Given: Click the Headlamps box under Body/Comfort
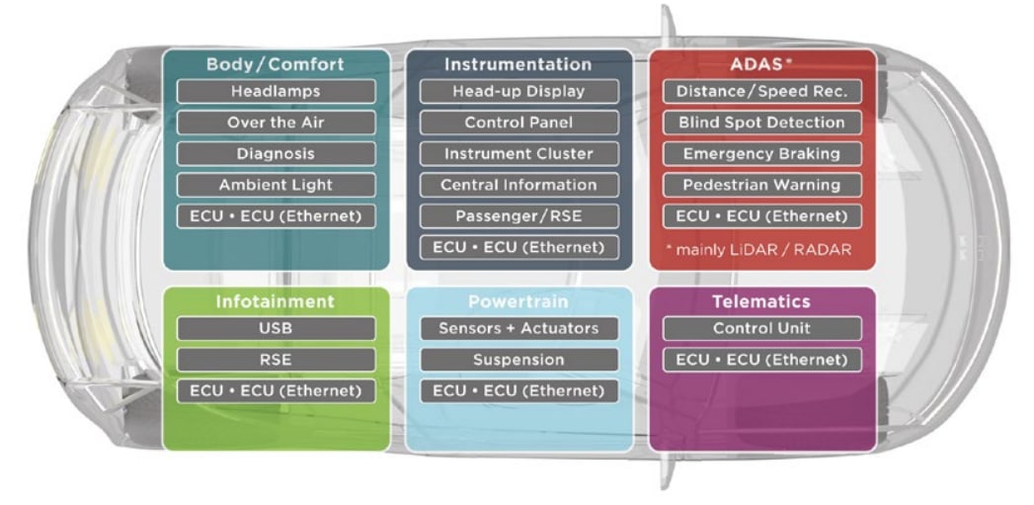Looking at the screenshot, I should coord(276,92).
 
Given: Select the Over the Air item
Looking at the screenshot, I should coord(276,123).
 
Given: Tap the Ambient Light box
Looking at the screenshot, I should coord(276,185).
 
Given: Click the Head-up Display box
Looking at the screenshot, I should coord(518,92).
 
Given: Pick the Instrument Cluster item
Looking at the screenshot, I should coord(518,154).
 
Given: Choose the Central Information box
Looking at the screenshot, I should coord(518,185).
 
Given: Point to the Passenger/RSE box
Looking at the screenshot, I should coord(518,215).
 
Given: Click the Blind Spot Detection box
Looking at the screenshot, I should coord(761,123).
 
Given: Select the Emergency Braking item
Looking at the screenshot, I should coord(761,154).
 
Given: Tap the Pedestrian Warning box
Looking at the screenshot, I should coord(761,185).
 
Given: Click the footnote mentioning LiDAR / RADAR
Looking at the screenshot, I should coord(760,249).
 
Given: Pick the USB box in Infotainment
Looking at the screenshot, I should coord(276,328).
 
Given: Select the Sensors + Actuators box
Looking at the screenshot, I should coord(518,328).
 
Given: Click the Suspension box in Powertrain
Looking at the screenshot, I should coord(518,360).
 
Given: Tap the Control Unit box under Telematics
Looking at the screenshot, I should coord(761,328).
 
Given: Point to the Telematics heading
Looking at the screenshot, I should coord(761,301).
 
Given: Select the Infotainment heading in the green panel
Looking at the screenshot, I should coord(276,301).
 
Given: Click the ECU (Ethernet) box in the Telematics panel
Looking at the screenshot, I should coord(761,360).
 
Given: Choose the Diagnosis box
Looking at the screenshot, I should coord(276,154).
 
